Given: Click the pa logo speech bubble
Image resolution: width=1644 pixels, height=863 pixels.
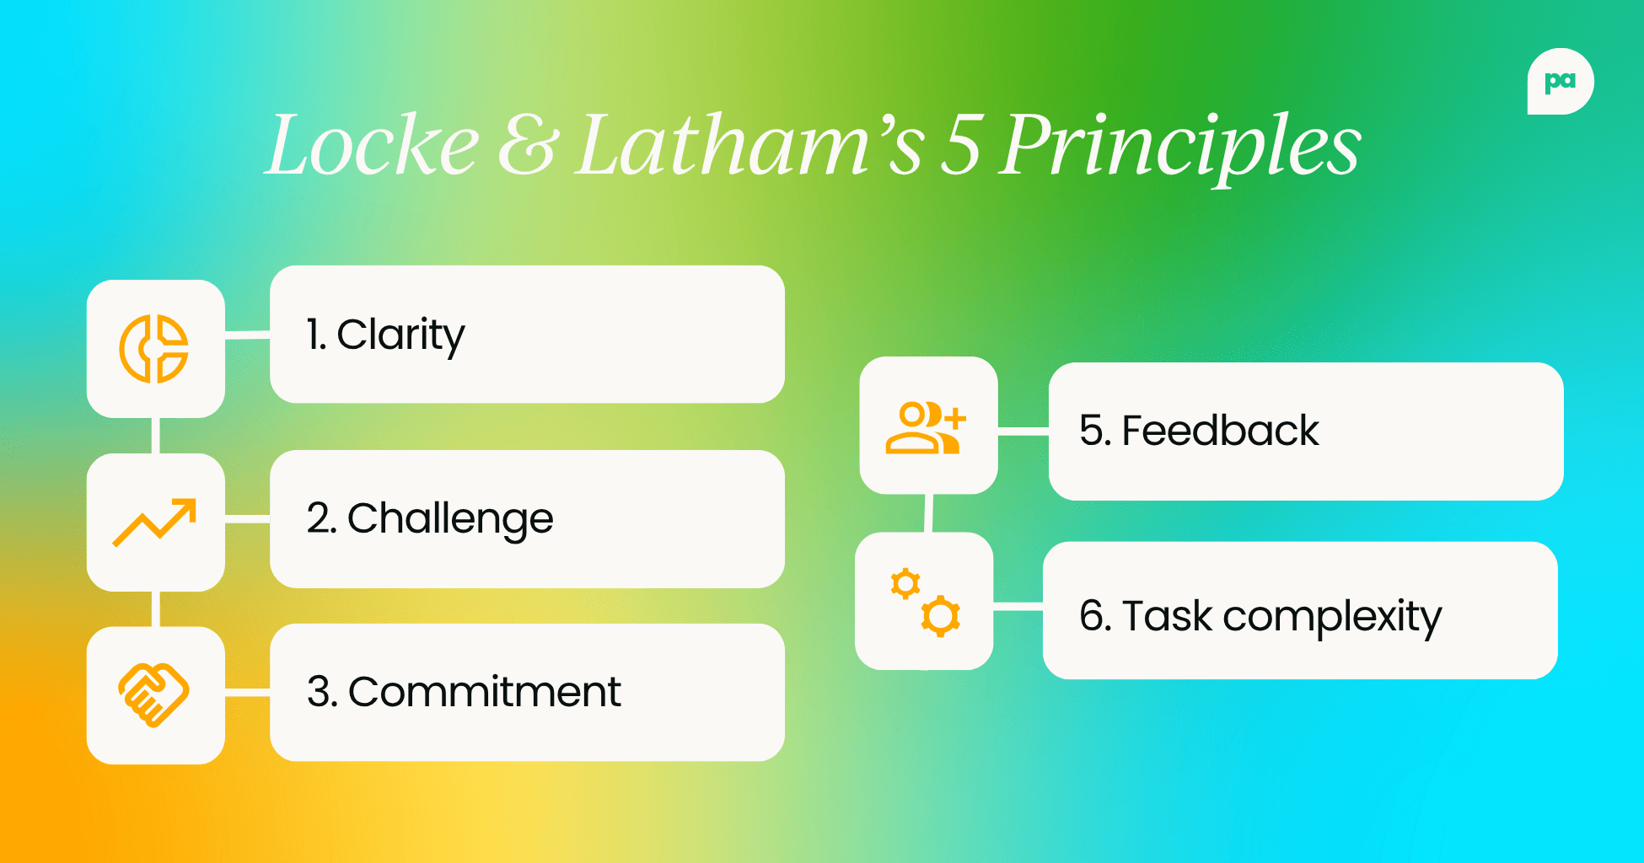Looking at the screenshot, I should (1560, 82).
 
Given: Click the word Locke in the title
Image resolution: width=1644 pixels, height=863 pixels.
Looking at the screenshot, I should (372, 145).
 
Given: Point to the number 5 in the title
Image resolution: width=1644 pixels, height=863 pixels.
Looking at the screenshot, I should (961, 145).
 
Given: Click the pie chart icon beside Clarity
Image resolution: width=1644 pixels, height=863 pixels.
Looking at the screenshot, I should (154, 349).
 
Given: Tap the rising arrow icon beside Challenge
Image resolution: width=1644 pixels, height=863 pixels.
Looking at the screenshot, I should (154, 523).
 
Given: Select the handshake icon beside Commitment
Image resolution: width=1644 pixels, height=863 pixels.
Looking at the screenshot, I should (154, 694).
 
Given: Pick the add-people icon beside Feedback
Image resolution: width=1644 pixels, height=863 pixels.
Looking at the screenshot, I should (927, 427).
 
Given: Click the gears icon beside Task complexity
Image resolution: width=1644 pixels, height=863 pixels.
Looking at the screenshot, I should (925, 602).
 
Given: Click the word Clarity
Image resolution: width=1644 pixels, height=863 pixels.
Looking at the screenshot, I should (400, 335).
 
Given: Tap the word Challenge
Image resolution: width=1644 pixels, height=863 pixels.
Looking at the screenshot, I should (450, 519).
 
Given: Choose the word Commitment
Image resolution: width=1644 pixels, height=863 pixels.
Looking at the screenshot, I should (485, 693).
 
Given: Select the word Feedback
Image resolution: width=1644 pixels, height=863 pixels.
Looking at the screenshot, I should (1220, 431).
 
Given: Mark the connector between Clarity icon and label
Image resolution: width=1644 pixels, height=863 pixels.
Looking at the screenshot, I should (247, 335).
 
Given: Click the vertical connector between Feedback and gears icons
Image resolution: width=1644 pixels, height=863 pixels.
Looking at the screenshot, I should (927, 513).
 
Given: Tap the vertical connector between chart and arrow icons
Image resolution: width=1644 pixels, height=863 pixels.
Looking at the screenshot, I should (156, 436).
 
